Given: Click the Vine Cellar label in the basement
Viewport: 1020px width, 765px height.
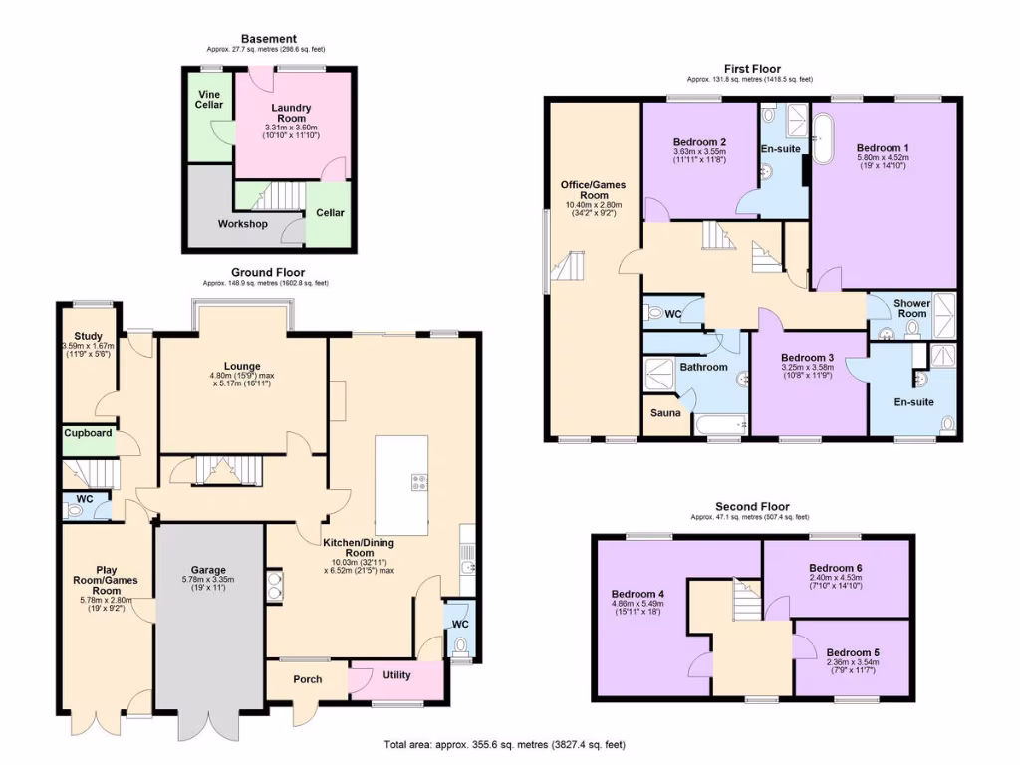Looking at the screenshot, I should pos(209,98).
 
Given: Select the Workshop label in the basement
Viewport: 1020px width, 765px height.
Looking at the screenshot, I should pos(242,224).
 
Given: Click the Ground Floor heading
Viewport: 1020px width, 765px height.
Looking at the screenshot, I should pos(268,272).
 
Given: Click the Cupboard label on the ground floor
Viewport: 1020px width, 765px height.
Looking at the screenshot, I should pos(89,434).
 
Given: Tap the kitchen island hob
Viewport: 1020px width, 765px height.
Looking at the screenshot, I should pos(418,484).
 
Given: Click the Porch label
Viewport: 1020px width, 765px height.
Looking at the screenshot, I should pos(307,680).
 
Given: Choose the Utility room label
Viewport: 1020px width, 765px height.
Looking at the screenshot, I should pos(396,675).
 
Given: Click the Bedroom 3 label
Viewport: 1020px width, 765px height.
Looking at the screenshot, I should pos(807,358).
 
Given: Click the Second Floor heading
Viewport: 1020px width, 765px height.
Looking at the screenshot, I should pos(749,507).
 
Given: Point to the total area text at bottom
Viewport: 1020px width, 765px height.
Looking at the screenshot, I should pos(506,745).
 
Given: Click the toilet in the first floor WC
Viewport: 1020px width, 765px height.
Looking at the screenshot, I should pos(654,313).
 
